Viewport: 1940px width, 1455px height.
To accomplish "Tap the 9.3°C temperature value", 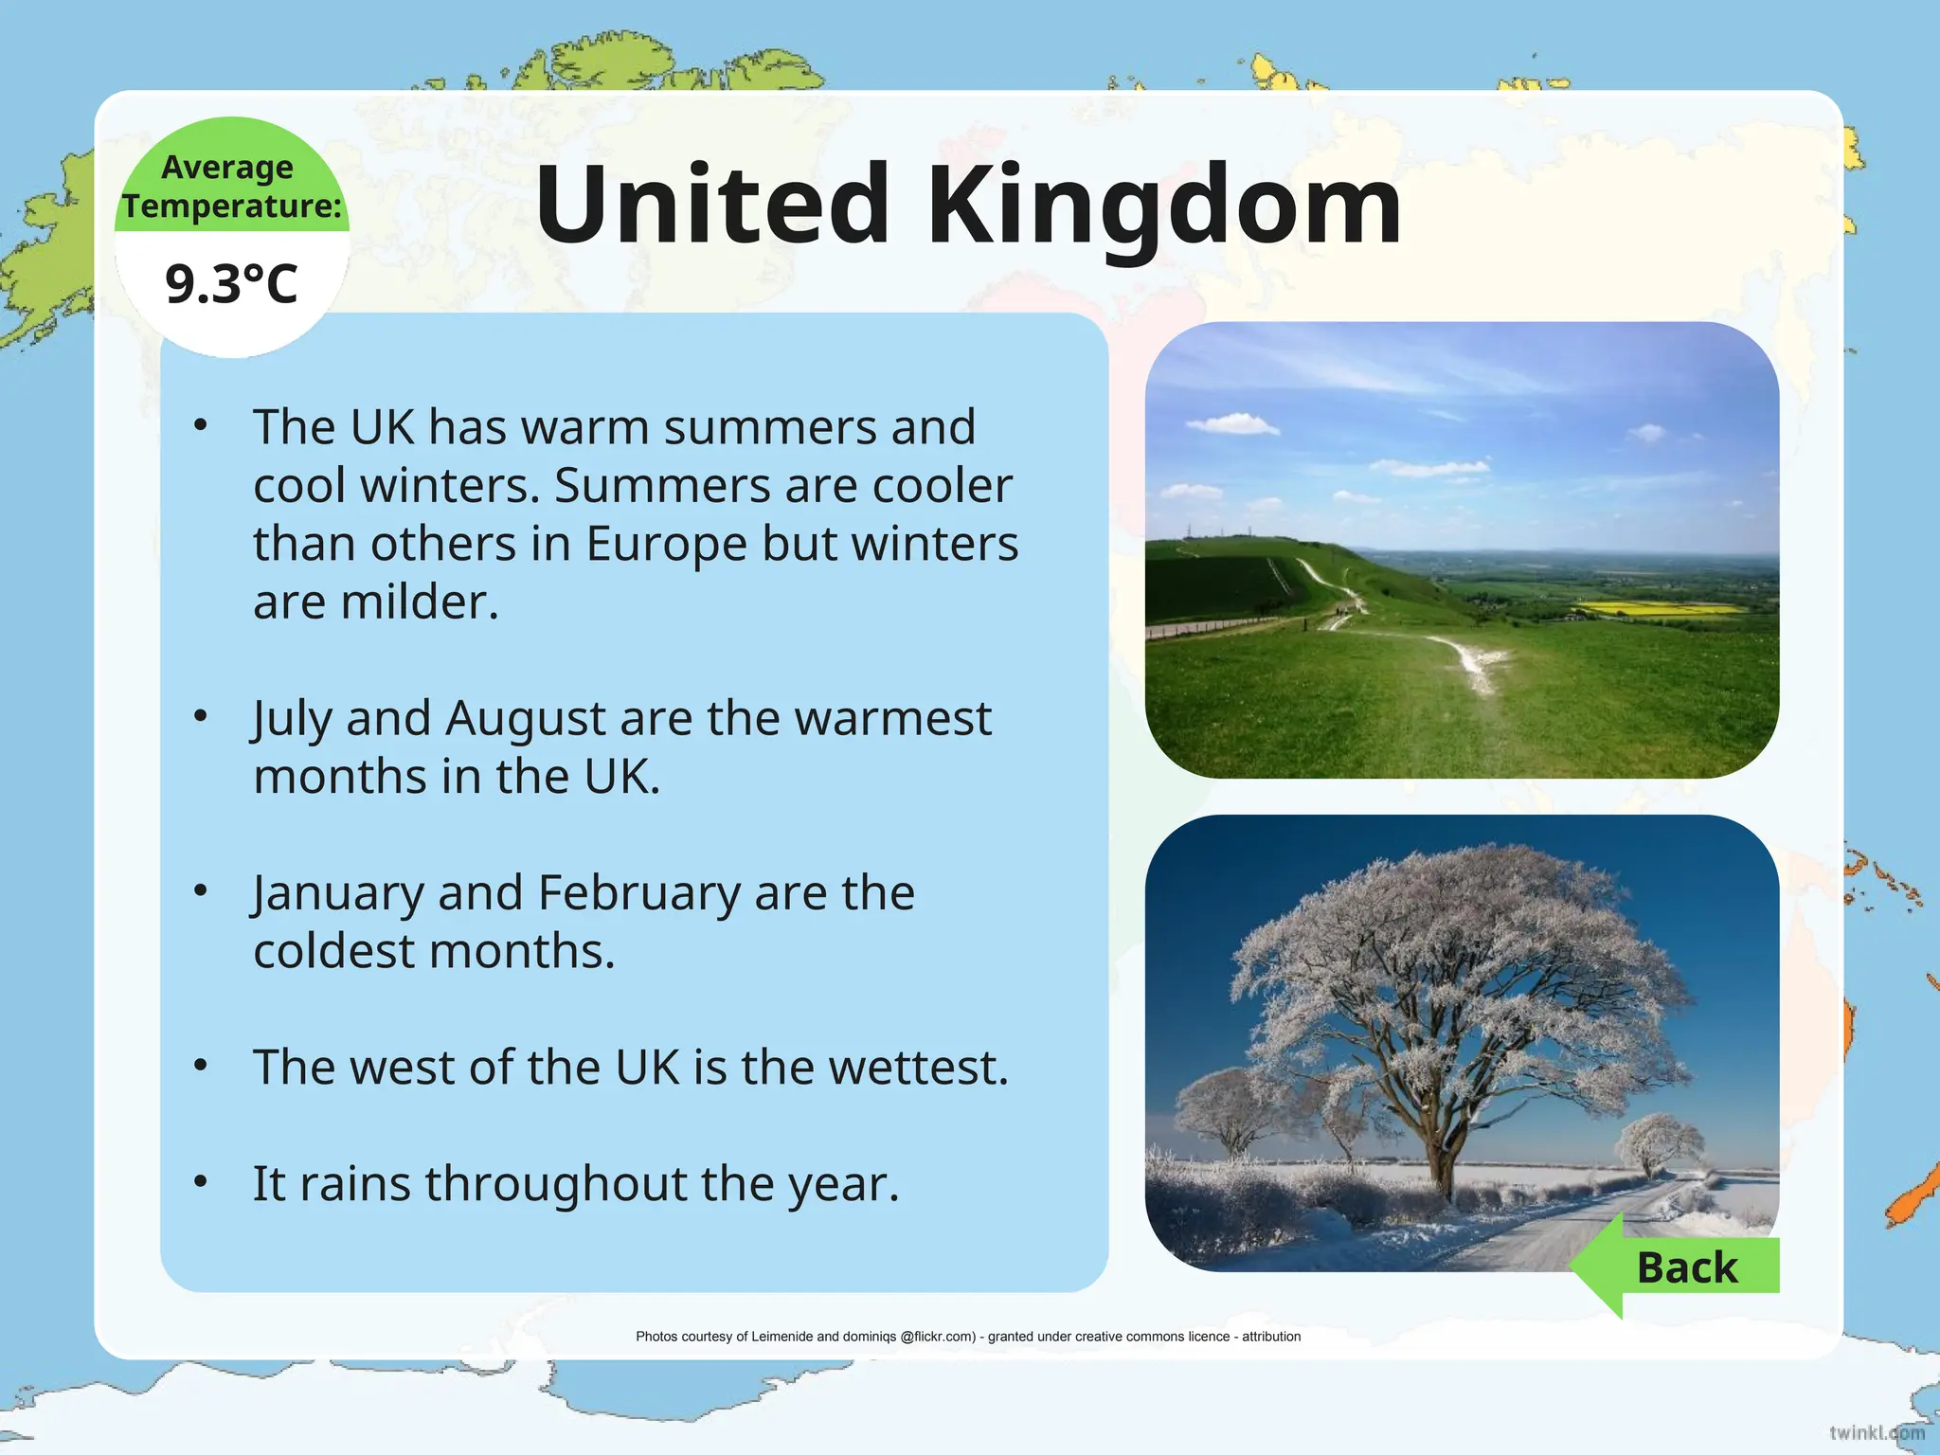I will [231, 284].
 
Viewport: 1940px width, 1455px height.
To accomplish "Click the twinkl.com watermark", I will [1877, 1432].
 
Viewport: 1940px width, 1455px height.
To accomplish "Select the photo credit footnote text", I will [968, 1337].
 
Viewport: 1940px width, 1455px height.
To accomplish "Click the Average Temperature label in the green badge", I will [231, 187].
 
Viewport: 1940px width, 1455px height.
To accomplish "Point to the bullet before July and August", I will [200, 717].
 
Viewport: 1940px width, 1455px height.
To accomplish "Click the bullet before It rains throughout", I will [200, 1182].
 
